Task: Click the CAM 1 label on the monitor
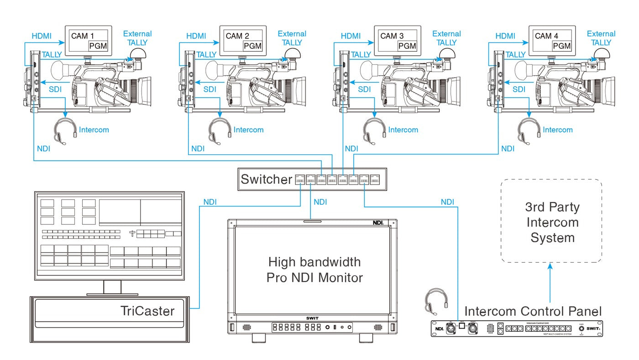(x=82, y=36)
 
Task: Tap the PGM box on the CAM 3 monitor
(x=407, y=46)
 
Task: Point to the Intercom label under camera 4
(x=558, y=130)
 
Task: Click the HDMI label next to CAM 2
(x=197, y=36)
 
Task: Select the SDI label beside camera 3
(x=364, y=90)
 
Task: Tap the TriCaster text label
(x=147, y=311)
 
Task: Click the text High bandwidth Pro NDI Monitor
(x=314, y=270)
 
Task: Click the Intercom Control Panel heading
(x=533, y=312)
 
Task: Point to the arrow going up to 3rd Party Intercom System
(x=550, y=283)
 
